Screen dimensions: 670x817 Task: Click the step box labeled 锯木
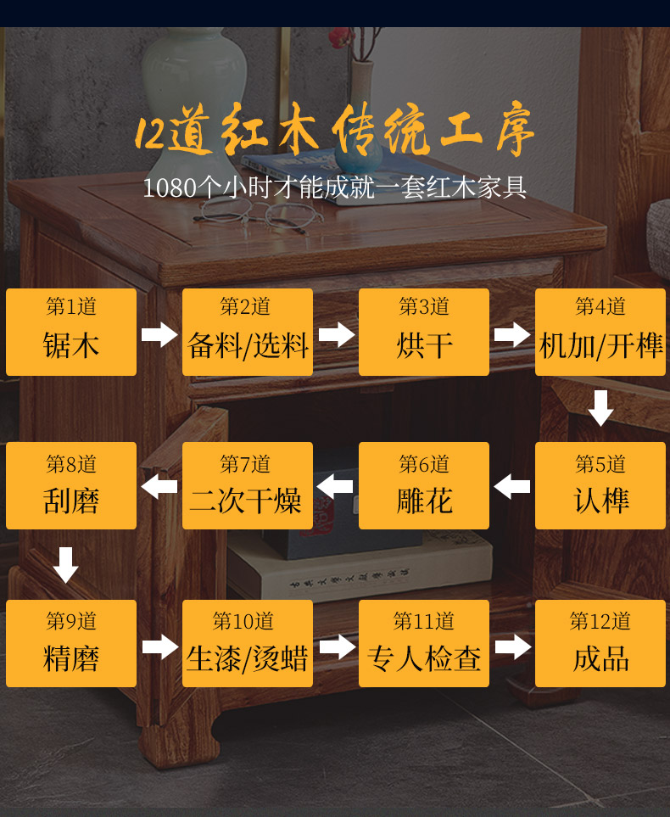71,332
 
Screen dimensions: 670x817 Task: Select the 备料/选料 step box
248,332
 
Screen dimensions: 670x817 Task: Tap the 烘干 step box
424,332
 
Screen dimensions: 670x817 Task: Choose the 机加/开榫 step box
600,332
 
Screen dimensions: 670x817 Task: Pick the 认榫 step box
600,485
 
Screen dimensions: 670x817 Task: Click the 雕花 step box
424,485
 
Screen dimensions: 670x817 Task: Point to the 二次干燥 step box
248,485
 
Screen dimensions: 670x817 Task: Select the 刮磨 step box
71,485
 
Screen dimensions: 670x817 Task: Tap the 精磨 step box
71,643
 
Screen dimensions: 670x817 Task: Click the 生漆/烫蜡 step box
248,643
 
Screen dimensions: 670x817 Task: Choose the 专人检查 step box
424,643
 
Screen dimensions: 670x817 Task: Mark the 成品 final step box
600,643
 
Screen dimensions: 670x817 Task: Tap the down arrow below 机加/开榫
600,408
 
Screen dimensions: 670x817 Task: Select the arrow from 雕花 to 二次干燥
336,486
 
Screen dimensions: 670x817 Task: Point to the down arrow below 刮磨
66,564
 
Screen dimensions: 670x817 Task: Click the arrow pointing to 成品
512,646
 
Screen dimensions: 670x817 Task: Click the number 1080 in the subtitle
169,187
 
